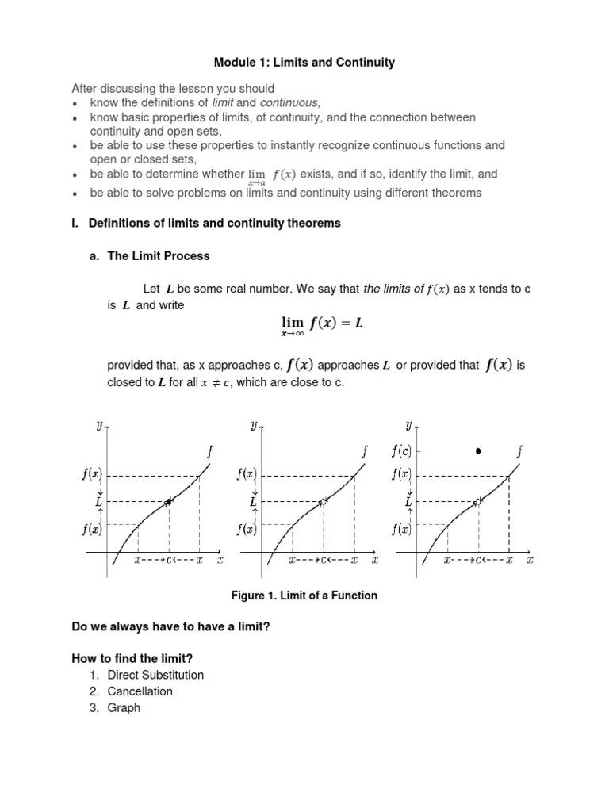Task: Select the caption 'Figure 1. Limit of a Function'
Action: (x=304, y=596)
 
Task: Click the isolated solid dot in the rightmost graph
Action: (x=478, y=451)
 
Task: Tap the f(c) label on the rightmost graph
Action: (x=401, y=451)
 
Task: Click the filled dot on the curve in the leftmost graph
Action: (x=169, y=502)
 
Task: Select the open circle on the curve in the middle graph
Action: (x=323, y=502)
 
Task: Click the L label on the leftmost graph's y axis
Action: (x=98, y=502)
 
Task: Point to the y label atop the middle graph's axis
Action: (x=254, y=426)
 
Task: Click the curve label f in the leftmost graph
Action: (x=209, y=452)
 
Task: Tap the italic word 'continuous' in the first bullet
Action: (x=289, y=103)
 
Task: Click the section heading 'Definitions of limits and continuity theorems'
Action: (x=214, y=223)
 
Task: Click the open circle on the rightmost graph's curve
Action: (x=478, y=502)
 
